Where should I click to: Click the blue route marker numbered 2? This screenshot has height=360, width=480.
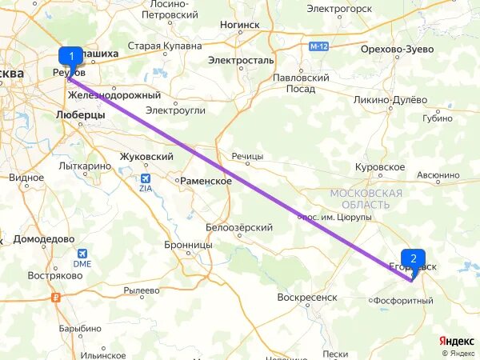pyautogui.click(x=413, y=258)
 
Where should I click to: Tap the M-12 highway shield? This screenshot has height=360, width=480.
pyautogui.click(x=318, y=46)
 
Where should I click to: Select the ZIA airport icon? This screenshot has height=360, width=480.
pyautogui.click(x=144, y=181)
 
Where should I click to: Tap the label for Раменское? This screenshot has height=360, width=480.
pyautogui.click(x=206, y=182)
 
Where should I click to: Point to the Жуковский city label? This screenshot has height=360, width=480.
pyautogui.click(x=146, y=157)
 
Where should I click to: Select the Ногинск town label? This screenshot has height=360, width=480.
pyautogui.click(x=240, y=25)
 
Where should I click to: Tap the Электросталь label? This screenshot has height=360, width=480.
pyautogui.click(x=241, y=60)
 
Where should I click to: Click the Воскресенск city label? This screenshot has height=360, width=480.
pyautogui.click(x=307, y=297)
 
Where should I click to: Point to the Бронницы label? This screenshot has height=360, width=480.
pyautogui.click(x=188, y=245)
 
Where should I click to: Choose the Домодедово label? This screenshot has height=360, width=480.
pyautogui.click(x=43, y=239)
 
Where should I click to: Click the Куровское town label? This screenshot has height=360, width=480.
pyautogui.click(x=380, y=167)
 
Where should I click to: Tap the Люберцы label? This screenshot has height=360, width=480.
pyautogui.click(x=81, y=115)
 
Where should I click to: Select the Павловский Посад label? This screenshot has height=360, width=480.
pyautogui.click(x=301, y=83)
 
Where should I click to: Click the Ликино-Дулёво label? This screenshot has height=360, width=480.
pyautogui.click(x=390, y=100)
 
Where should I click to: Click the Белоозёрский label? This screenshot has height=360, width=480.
pyautogui.click(x=239, y=227)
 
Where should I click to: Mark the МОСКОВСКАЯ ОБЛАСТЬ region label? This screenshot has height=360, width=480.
pyautogui.click(x=366, y=199)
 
